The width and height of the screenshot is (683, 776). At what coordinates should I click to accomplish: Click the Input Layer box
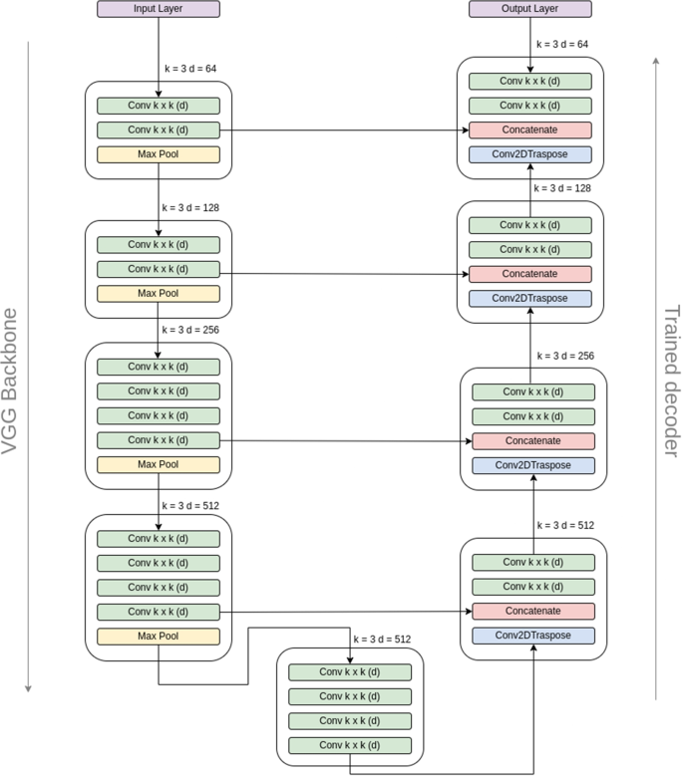158,9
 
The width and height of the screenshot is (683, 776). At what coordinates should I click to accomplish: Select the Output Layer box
529,9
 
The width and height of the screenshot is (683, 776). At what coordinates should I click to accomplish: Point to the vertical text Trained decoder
671,378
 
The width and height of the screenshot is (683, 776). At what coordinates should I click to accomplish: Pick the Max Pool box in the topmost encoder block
158,154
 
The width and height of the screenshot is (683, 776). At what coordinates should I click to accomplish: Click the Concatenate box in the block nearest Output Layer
530,129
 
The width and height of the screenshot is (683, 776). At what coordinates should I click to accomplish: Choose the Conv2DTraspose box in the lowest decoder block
532,635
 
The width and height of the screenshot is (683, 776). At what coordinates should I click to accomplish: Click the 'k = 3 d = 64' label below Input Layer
190,69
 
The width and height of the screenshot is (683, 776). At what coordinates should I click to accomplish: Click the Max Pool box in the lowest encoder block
158,636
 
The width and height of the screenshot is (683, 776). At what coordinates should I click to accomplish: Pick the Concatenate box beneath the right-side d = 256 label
532,440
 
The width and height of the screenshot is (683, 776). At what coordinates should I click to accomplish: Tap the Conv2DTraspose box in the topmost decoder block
530,154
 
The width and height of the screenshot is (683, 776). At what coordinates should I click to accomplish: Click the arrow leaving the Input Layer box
158,50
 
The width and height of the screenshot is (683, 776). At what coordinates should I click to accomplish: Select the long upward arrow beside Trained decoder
655,379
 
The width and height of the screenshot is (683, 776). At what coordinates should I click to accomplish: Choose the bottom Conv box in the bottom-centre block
350,744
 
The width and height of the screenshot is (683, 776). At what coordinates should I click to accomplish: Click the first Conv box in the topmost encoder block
158,105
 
